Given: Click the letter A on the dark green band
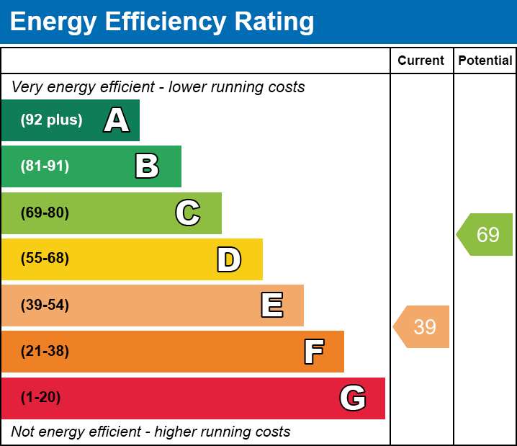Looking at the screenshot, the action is (117, 120).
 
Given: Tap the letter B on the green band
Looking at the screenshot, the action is (147, 166).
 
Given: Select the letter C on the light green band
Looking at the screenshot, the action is (188, 213).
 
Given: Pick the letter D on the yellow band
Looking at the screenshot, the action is (229, 259).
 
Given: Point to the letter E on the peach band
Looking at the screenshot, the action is (272, 305).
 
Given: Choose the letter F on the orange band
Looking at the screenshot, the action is (314, 352).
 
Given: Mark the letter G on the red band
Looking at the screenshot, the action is (353, 398).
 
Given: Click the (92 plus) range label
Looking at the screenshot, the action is (51, 120).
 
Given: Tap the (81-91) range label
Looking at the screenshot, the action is (45, 166).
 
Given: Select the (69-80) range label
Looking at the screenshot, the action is (45, 213).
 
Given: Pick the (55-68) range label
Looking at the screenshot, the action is (45, 258).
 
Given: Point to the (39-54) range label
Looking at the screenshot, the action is (45, 305).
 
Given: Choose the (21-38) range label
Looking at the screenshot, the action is (45, 351).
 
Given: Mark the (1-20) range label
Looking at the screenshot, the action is (40, 397).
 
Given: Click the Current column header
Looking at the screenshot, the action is (421, 61).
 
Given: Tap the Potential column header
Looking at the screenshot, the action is (485, 61).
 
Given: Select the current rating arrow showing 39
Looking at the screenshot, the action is (421, 326).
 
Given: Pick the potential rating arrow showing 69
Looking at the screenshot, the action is (485, 234).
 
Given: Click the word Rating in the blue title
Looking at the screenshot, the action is (274, 22).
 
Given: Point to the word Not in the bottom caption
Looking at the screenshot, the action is (22, 432).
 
